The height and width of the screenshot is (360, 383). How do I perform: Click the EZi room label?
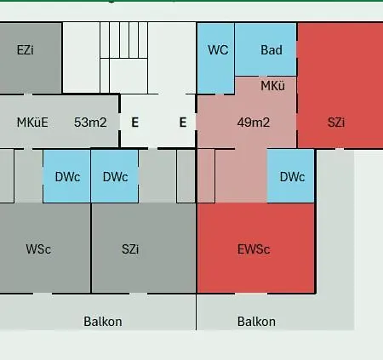click(x=26, y=50)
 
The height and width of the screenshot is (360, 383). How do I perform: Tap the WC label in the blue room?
click(x=218, y=50)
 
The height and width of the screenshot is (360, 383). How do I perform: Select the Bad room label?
click(x=272, y=50)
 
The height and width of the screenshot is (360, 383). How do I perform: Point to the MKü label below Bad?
click(x=272, y=86)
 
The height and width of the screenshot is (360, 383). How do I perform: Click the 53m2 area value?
click(x=90, y=123)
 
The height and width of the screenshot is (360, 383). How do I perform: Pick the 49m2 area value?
click(x=254, y=123)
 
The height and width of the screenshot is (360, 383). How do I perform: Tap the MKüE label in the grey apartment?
click(x=32, y=123)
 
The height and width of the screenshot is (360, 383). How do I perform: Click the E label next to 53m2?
click(x=135, y=123)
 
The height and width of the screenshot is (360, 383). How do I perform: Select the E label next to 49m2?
click(x=183, y=123)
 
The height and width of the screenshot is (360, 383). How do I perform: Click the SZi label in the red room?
click(x=336, y=123)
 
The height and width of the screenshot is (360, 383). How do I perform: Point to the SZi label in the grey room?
click(x=130, y=249)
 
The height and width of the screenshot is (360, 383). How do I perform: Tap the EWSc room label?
click(x=254, y=249)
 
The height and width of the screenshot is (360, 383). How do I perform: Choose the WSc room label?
click(x=38, y=249)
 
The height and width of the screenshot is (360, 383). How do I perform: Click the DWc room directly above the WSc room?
click(x=66, y=176)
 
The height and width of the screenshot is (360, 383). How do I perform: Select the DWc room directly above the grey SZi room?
click(x=115, y=176)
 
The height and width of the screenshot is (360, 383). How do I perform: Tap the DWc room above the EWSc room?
click(x=290, y=176)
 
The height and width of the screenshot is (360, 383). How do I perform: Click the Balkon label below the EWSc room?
click(x=256, y=322)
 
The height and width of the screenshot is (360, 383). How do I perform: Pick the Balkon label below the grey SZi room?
click(x=103, y=322)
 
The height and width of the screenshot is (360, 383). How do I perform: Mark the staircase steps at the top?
click(x=123, y=40)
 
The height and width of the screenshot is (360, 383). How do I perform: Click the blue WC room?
click(x=216, y=58)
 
